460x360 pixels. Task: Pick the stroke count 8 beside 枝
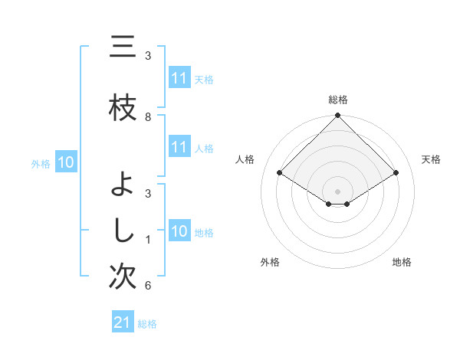(x=148, y=117)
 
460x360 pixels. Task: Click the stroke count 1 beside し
(x=148, y=240)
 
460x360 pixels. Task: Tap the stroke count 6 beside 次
(x=148, y=286)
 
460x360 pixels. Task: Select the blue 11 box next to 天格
(x=179, y=78)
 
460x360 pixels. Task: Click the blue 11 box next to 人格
(x=179, y=147)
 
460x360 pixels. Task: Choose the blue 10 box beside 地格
(x=179, y=231)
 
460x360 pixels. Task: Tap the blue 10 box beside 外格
(x=66, y=162)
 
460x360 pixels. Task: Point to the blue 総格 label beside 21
(x=147, y=324)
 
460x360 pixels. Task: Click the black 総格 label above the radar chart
(x=338, y=100)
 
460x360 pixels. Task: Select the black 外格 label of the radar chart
(x=270, y=262)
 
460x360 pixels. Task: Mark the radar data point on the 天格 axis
(x=396, y=173)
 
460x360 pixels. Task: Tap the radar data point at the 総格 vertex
(x=338, y=116)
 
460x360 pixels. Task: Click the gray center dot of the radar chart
(x=338, y=191)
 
